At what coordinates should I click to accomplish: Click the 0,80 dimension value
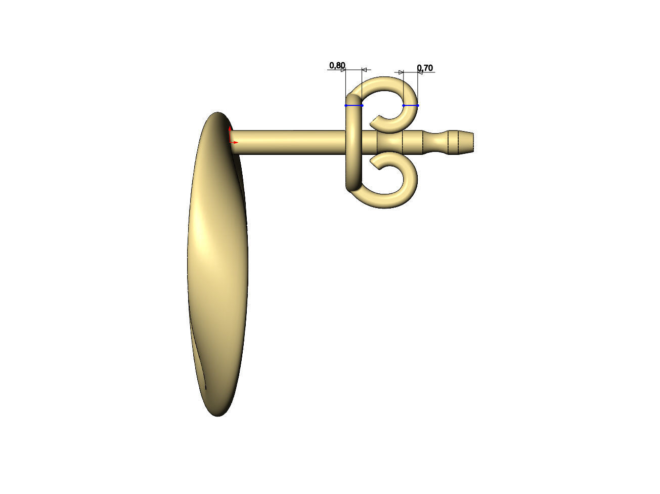pyautogui.click(x=337, y=65)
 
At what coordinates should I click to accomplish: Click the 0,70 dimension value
pyautogui.click(x=425, y=68)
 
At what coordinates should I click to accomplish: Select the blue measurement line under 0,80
pyautogui.click(x=354, y=105)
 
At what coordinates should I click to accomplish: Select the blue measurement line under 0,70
pyautogui.click(x=411, y=105)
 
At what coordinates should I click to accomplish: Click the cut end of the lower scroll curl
pyautogui.click(x=374, y=162)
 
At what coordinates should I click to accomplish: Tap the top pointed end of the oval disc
pyautogui.click(x=218, y=114)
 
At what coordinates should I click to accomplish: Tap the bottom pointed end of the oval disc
pyautogui.click(x=218, y=414)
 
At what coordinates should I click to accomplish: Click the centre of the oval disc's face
pyautogui.click(x=217, y=263)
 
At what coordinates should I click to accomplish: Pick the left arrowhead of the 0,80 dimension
pyautogui.click(x=343, y=70)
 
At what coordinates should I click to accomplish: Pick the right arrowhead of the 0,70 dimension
pyautogui.click(x=420, y=72)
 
